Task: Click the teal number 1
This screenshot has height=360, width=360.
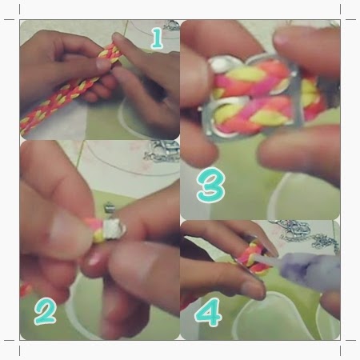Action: point(158,38)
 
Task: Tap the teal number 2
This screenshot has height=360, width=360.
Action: point(45,311)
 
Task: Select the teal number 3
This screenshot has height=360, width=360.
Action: point(211,185)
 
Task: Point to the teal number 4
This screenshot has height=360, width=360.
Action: point(208,312)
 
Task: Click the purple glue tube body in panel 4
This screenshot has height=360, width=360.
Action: point(310,270)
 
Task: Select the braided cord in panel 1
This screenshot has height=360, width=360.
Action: point(70,88)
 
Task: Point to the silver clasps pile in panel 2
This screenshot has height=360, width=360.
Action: point(162,151)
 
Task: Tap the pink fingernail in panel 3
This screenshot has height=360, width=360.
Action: point(282,39)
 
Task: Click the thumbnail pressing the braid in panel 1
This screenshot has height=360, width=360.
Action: point(103,64)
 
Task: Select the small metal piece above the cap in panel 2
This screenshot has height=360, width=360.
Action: point(108,207)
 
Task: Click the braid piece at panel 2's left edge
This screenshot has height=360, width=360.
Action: point(26,290)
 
